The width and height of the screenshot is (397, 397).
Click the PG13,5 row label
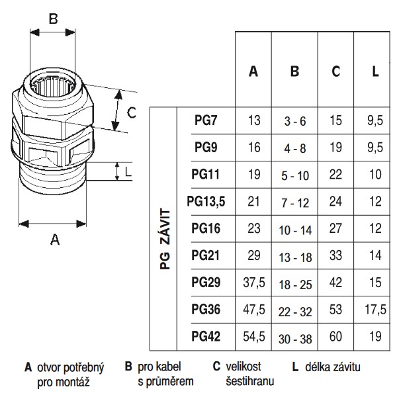tap(206, 202)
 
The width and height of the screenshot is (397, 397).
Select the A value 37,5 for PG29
tap(254, 283)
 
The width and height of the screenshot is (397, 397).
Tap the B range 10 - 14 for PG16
tap(295, 230)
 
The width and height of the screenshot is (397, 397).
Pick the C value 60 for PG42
tap(335, 337)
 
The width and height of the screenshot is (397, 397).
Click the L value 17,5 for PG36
tap(375, 310)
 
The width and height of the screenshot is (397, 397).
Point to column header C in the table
tap(335, 71)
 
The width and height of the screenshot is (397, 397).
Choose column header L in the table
tap(375, 71)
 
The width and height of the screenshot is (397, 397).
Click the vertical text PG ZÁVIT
tap(165, 239)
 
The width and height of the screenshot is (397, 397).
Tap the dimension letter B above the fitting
tap(53, 19)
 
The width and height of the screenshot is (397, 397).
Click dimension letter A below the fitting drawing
tap(55, 240)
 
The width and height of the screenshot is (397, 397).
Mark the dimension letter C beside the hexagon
tap(132, 112)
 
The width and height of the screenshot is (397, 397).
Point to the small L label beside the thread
tap(128, 172)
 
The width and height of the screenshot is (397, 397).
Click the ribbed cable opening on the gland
tap(53, 85)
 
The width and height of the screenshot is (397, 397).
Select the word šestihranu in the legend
tap(250, 382)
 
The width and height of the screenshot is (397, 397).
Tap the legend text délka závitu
tap(333, 367)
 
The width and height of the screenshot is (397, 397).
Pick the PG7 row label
tap(206, 120)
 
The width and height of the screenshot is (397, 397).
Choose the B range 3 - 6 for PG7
tap(295, 121)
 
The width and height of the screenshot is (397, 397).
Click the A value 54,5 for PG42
tap(254, 337)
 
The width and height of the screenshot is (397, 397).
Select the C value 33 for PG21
tap(335, 255)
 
